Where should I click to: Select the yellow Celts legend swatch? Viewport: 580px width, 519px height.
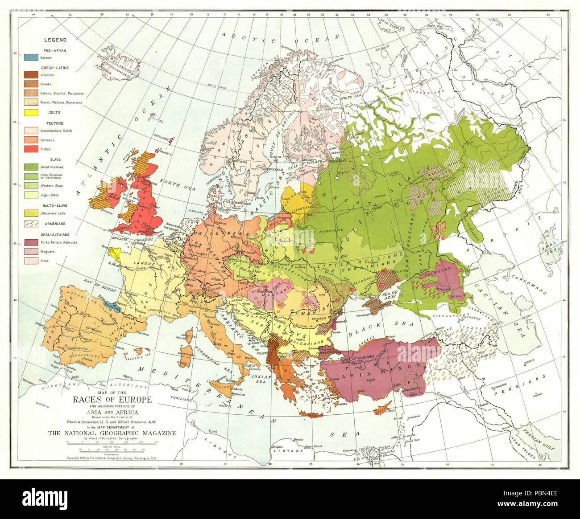pos(31,113)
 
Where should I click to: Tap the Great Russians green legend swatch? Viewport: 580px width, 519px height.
pos(31,167)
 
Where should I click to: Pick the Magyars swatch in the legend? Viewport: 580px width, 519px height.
pos(31,251)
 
